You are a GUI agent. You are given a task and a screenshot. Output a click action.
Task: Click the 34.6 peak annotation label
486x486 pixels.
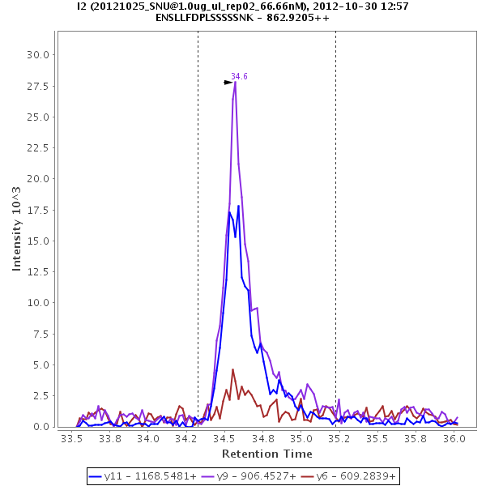pyautogui.click(x=239, y=76)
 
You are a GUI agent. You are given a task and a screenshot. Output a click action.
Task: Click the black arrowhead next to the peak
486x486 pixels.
pyautogui.click(x=228, y=82)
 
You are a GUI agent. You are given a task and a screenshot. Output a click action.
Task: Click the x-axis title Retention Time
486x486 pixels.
pyautogui.click(x=266, y=454)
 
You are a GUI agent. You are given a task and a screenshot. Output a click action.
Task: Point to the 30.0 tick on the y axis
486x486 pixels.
pyautogui.click(x=40, y=54)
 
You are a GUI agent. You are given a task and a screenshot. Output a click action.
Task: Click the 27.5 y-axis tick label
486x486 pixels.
pyautogui.click(x=40, y=86)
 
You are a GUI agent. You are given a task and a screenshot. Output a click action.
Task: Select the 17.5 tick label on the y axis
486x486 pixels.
pyautogui.click(x=40, y=210)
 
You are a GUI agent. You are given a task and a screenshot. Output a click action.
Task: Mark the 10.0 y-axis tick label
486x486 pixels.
pyautogui.click(x=40, y=303)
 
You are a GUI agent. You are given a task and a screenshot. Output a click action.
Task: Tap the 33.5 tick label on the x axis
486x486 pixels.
pyautogui.click(x=72, y=439)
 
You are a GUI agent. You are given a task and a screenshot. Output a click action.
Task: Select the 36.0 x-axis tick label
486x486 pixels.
pyautogui.click(x=454, y=439)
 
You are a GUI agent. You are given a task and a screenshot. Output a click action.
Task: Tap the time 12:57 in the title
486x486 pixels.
pyautogui.click(x=394, y=6)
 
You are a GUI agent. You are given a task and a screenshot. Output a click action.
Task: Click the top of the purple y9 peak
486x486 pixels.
pyautogui.click(x=235, y=82)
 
